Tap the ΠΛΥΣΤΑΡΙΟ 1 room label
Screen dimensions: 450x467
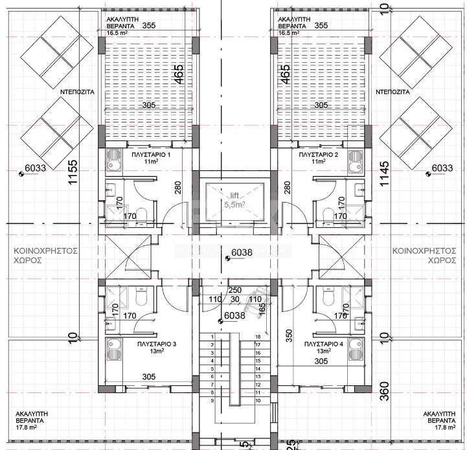pos(150,155)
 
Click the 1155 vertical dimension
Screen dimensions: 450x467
pos(73,172)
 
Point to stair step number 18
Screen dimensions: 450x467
pos(258,337)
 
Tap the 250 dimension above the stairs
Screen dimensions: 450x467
pos(235,290)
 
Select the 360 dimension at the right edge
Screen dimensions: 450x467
pos(384,393)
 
